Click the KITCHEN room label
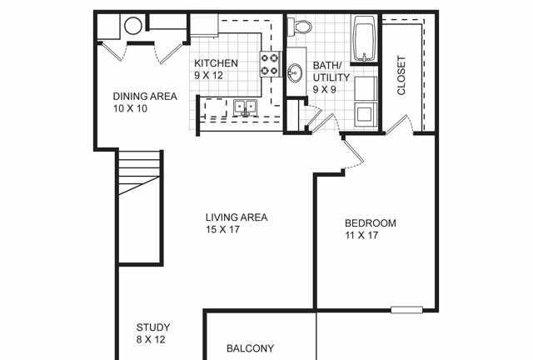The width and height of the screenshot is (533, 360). pos(216,63)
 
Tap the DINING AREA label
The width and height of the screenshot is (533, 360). pos(145,97)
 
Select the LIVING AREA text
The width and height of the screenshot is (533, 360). pos(237,217)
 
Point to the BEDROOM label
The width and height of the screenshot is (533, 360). pos(370,223)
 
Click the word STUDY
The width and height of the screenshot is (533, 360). pos(153,327)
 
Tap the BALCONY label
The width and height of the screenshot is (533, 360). pos(250,348)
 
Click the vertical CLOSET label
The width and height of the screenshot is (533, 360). pos(401,76)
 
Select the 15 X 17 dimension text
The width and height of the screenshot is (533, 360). pos(222,229)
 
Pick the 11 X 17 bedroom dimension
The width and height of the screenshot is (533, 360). pos(361,235)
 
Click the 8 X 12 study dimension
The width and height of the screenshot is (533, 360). pos(151,339)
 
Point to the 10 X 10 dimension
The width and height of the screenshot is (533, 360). pos(130,108)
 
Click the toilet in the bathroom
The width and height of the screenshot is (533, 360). pos(300,27)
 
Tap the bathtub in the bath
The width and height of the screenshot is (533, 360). pos(364,39)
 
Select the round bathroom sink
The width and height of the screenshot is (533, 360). pos(295,72)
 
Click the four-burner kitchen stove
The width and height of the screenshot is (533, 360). pos(270,64)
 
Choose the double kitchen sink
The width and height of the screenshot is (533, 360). pos(245,107)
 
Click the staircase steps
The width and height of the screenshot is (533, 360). pos(139,172)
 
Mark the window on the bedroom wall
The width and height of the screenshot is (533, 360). pos(406,310)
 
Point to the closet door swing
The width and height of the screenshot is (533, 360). pos(400,124)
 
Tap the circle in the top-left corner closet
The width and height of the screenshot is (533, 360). pos(133,26)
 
